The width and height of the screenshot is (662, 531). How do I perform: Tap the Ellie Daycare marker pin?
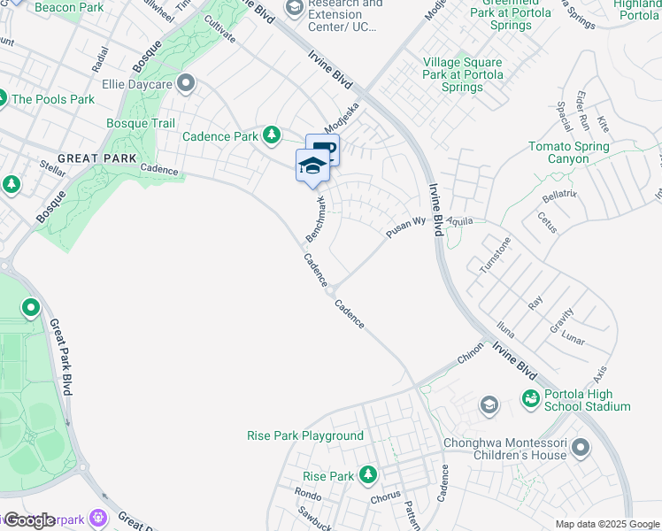tap(186, 85)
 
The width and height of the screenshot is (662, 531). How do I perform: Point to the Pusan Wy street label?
tap(406, 227)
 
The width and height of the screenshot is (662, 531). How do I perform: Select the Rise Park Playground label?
tap(304, 435)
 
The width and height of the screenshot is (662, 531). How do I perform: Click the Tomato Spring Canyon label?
tap(568, 152)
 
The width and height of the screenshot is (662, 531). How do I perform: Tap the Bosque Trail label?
tap(140, 124)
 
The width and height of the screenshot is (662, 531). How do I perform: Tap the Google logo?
tap(29, 520)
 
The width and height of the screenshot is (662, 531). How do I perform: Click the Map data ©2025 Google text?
tap(607, 524)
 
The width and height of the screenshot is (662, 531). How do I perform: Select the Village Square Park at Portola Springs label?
tap(463, 75)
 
